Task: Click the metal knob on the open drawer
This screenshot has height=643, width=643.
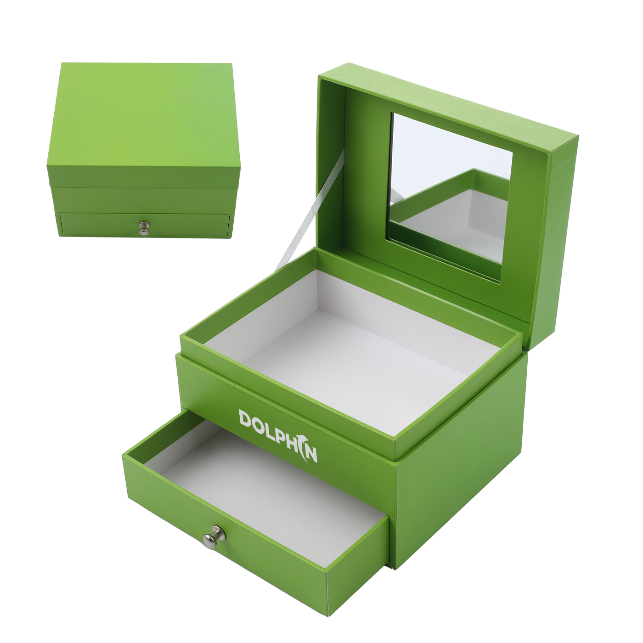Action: point(214,537)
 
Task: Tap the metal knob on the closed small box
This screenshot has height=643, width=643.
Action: point(144,228)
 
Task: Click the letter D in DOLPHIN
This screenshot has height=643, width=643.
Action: point(246,418)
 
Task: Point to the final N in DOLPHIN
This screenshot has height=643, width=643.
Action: point(311,454)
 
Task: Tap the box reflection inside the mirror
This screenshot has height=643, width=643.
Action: point(459,211)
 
